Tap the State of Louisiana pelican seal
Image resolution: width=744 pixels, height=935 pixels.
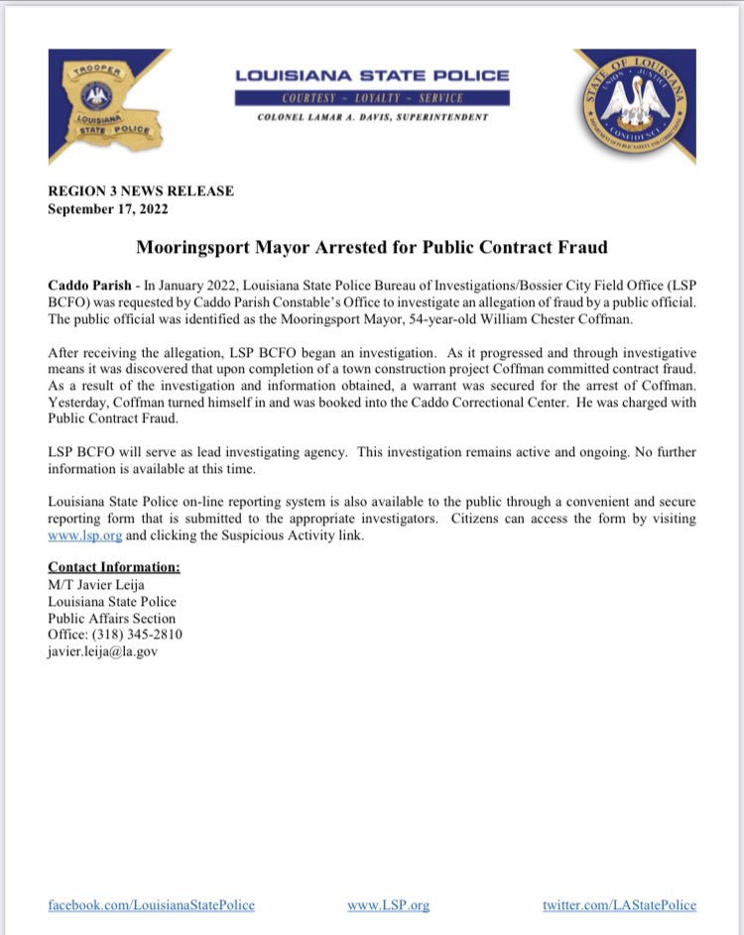point(634,106)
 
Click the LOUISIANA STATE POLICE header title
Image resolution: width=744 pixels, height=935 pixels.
point(372,75)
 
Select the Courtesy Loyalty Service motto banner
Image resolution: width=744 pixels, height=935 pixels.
point(372,98)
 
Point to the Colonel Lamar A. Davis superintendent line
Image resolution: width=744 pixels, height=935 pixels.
point(372,117)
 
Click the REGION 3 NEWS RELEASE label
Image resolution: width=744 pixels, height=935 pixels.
point(141,191)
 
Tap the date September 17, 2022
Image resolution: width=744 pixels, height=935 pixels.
point(108,209)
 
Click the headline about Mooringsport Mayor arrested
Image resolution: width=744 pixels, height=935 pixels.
point(371,247)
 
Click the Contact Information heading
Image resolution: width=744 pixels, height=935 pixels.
point(114,567)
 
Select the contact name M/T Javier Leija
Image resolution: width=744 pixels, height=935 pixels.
point(95,585)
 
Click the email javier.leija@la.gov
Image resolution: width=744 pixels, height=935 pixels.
point(103,651)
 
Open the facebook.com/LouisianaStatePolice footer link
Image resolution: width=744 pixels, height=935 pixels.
point(151,905)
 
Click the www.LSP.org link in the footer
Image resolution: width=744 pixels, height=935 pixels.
point(388,905)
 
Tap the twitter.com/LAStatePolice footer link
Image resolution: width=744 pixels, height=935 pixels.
point(619,905)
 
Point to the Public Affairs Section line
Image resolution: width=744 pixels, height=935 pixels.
point(111,619)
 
